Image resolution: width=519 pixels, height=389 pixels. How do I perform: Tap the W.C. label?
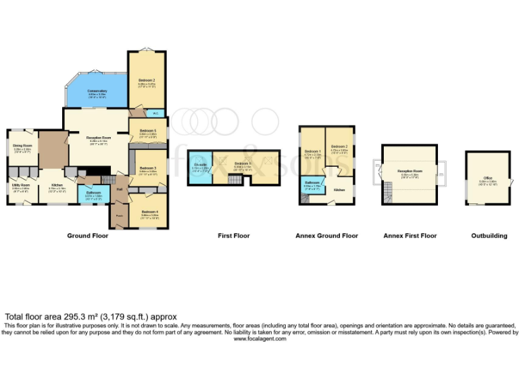[155, 113]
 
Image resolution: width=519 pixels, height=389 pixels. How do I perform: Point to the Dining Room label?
[22, 145]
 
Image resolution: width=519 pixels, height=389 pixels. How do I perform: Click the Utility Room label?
[20, 184]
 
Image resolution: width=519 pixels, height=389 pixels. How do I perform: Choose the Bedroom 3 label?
[148, 168]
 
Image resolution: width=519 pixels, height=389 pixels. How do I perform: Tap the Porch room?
[119, 216]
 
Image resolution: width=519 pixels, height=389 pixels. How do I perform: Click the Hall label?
[120, 190]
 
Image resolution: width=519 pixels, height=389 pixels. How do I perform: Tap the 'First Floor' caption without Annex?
[234, 236]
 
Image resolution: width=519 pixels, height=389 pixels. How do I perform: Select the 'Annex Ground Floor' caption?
[326, 236]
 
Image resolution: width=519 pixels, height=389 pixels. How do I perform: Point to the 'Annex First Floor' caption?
[410, 236]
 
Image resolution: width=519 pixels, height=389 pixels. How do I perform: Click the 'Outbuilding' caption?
[489, 236]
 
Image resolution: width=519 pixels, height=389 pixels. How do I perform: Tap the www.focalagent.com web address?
[260, 338]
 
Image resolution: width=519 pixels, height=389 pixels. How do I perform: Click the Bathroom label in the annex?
[312, 182]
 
